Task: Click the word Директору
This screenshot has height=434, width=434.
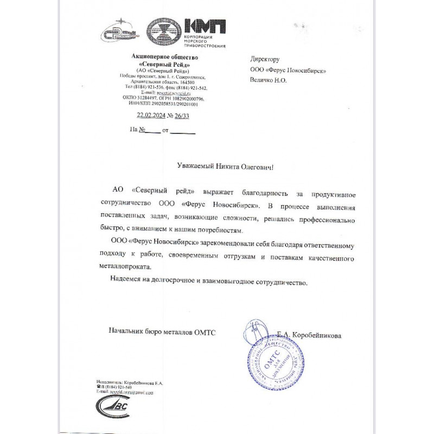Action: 265,59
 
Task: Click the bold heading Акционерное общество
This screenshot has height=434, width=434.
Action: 165,56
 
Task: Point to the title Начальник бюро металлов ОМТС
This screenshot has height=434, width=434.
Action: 162,331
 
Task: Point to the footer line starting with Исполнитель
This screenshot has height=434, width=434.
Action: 129,382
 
